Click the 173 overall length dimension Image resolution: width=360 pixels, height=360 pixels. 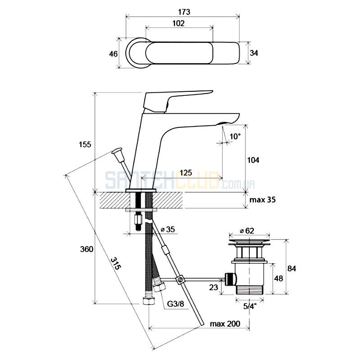pos(184,12)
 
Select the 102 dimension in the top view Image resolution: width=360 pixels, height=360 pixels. pos(178,23)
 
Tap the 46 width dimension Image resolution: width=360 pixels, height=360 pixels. pos(113,54)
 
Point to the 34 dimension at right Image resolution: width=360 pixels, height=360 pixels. pos(254,53)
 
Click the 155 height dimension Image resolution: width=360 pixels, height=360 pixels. pos(85,144)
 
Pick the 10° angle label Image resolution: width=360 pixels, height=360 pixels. pos(235,136)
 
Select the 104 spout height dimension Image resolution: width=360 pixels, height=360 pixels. pos(253,160)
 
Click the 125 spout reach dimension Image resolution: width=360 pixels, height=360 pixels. pos(186,173)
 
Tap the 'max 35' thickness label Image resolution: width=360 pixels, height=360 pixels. pos(262,200)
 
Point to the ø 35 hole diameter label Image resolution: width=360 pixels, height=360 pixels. pos(168,229)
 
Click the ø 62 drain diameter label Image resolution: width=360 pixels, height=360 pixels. pos(247,230)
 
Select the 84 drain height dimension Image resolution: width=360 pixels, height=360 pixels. pos(292,268)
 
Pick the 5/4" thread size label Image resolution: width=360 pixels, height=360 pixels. pos(250,306)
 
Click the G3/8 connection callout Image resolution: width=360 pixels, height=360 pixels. pos(175,304)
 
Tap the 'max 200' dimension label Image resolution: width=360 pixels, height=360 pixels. pos(225,324)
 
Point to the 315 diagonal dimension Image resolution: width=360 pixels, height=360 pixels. pos(116,263)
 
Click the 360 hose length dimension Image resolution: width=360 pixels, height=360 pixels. pos(86,249)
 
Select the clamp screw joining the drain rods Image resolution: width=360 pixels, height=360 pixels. pos(180,280)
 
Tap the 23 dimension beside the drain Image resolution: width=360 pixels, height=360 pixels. pos(213,287)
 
